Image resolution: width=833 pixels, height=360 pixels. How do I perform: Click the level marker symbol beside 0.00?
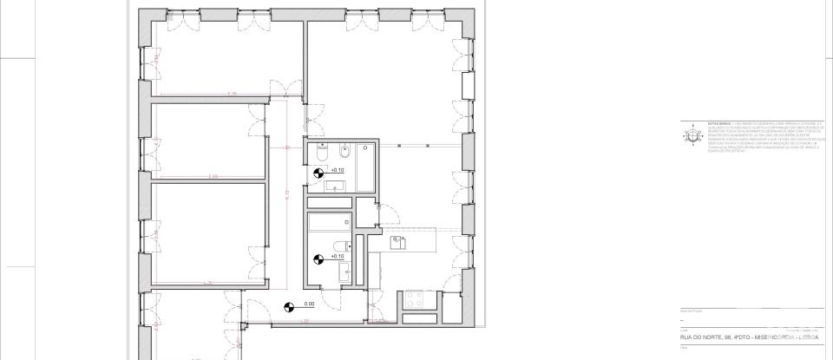290,304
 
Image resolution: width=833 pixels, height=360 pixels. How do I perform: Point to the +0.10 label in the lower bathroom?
337,257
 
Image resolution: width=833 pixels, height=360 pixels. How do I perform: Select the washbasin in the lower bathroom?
345,273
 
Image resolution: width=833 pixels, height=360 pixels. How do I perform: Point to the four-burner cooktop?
412,303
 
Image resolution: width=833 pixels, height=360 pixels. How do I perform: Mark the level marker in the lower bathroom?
318,258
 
